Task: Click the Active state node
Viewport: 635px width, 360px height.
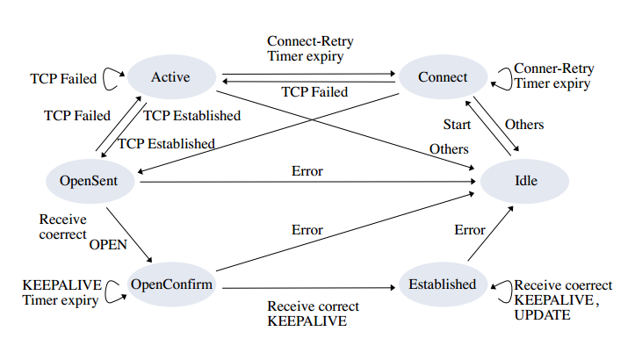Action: click(170, 78)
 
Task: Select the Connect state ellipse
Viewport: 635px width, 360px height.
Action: click(443, 78)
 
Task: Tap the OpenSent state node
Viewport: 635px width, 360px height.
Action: click(89, 181)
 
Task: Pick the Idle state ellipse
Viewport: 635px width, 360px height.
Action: click(525, 181)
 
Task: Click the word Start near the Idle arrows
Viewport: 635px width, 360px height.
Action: click(456, 124)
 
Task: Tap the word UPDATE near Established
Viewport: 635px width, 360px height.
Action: click(542, 313)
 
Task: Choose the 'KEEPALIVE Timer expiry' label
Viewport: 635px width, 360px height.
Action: click(61, 292)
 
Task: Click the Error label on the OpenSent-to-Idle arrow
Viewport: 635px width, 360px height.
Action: click(307, 170)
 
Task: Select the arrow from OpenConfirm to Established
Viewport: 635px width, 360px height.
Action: click(307, 286)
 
